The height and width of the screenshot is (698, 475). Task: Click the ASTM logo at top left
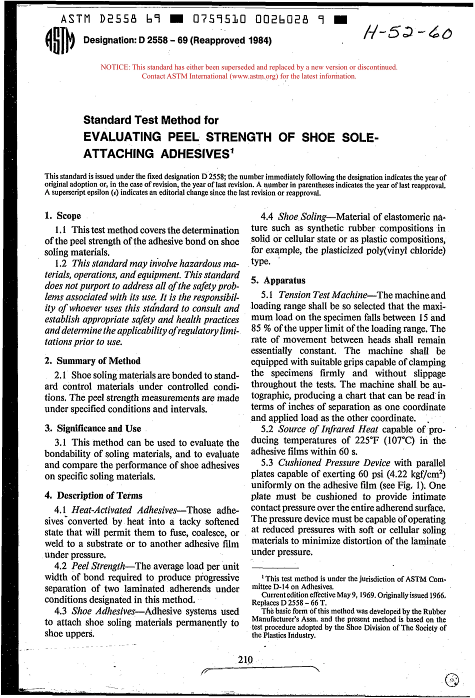[x=59, y=40]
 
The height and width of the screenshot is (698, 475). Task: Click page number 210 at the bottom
[x=245, y=660]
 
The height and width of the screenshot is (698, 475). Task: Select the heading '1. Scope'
[x=62, y=216]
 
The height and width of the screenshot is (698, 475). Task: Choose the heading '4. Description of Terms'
[x=93, y=495]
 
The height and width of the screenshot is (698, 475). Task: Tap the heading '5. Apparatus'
[x=278, y=280]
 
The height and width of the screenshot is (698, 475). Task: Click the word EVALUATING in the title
[x=122, y=137]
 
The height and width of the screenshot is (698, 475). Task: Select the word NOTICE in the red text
[x=114, y=67]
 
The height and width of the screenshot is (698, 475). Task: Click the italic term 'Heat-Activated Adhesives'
[x=124, y=510]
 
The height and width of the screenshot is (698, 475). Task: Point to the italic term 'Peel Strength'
[x=98, y=566]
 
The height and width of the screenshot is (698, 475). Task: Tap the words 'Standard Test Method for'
[x=150, y=120]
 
